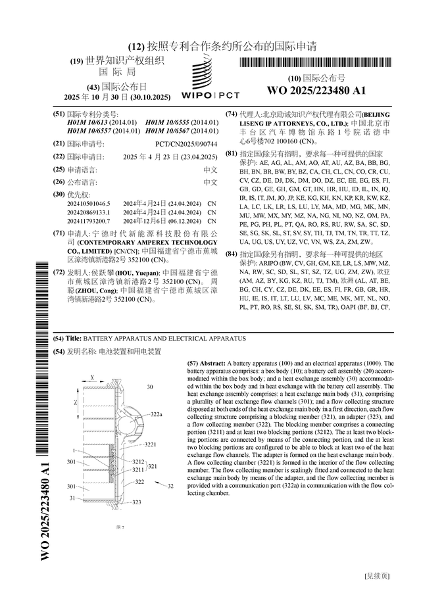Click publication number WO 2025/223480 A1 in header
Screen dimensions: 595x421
pyautogui.click(x=316, y=90)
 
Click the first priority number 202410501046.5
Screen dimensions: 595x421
pyautogui.click(x=89, y=204)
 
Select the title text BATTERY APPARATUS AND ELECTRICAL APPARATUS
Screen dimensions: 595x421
pyautogui.click(x=165, y=338)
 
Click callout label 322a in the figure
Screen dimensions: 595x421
pyautogui.click(x=157, y=414)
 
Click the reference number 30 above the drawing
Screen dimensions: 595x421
pyautogui.click(x=150, y=387)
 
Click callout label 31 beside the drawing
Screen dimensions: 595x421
pyautogui.click(x=72, y=499)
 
